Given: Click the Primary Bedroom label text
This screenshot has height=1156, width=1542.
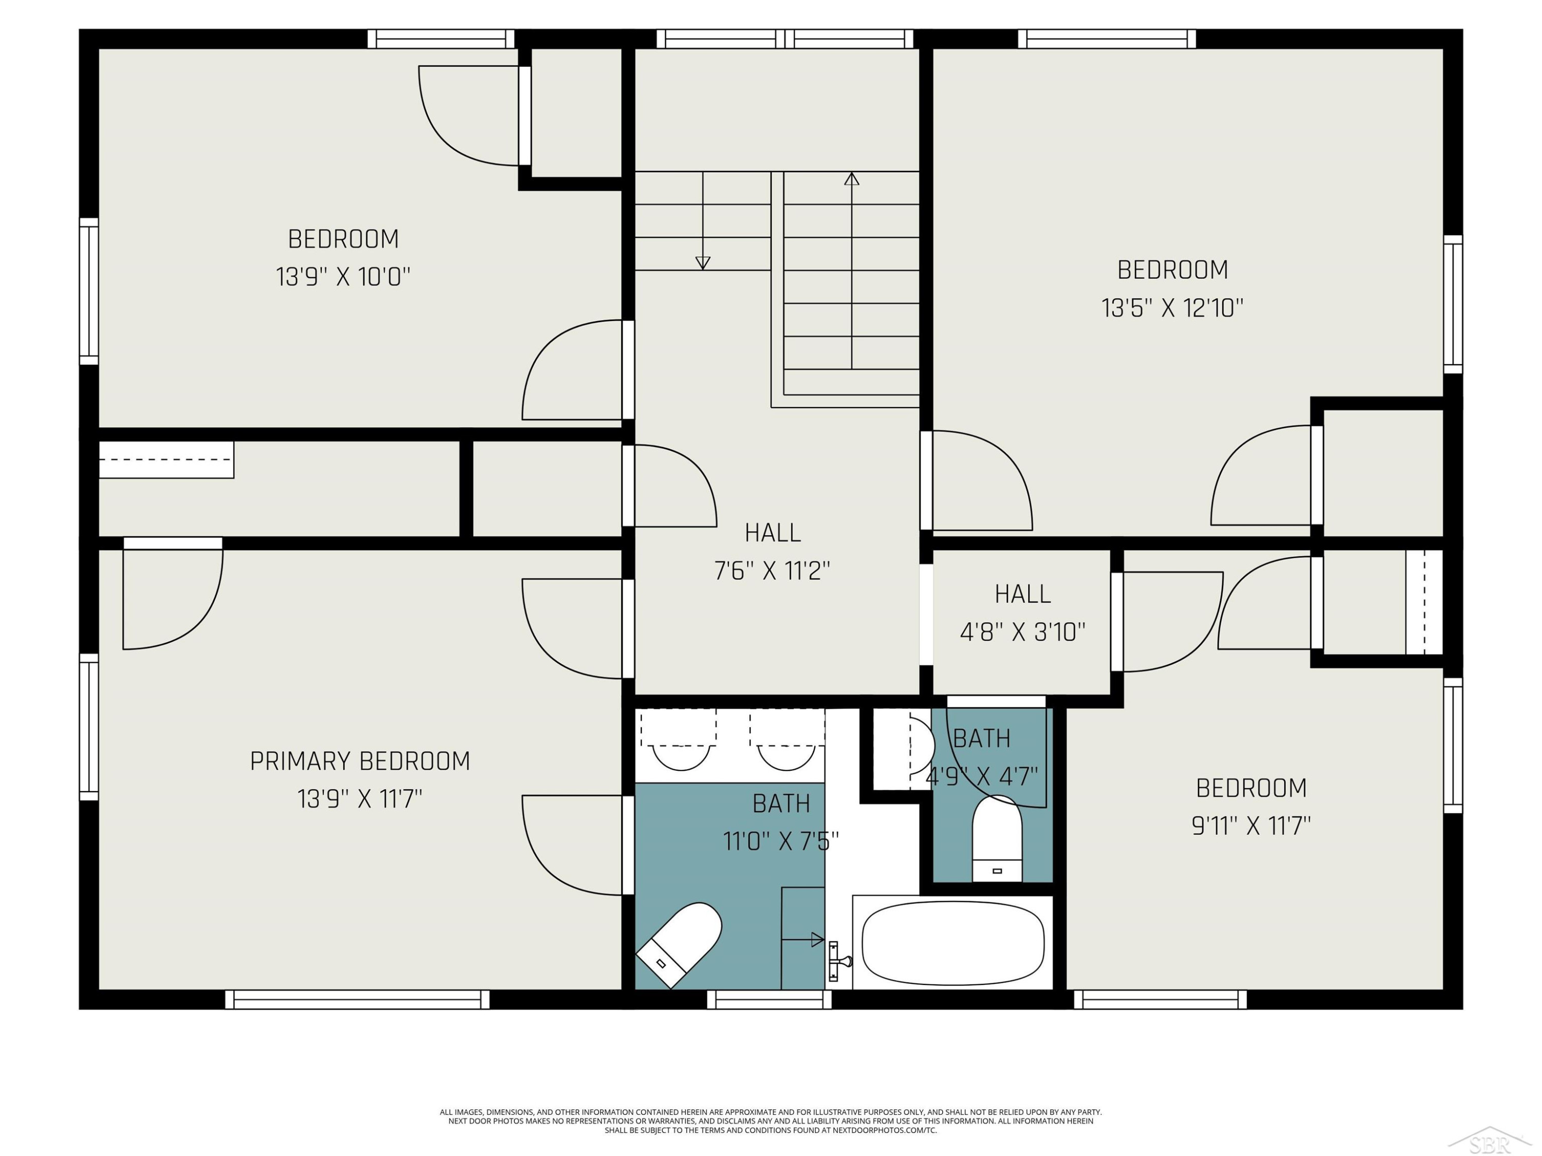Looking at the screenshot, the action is [x=360, y=761].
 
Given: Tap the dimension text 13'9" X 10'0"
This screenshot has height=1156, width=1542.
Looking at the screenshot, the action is [x=343, y=277].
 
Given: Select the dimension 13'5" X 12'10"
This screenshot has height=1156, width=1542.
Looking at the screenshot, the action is [x=1172, y=308].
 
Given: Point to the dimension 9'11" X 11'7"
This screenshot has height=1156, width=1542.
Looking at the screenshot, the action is [x=1251, y=826].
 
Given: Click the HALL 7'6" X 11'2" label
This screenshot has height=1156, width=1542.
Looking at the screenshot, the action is [x=773, y=552].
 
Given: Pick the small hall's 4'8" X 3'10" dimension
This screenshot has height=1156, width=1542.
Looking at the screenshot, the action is [x=1023, y=632].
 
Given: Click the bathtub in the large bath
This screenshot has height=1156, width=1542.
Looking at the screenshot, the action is [x=953, y=943].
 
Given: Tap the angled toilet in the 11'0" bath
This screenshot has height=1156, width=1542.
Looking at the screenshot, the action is [x=678, y=945].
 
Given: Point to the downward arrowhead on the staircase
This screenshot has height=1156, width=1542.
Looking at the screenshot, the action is [x=703, y=263].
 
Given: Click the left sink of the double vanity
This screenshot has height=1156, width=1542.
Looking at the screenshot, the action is [x=681, y=757].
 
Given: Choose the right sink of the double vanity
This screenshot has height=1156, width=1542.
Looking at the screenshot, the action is [x=786, y=757].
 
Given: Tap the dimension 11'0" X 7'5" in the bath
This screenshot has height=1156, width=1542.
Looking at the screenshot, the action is [x=781, y=842].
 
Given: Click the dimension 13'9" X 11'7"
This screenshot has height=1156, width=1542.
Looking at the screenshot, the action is [x=360, y=798].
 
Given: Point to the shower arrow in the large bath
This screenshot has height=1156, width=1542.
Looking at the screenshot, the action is [x=803, y=940].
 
